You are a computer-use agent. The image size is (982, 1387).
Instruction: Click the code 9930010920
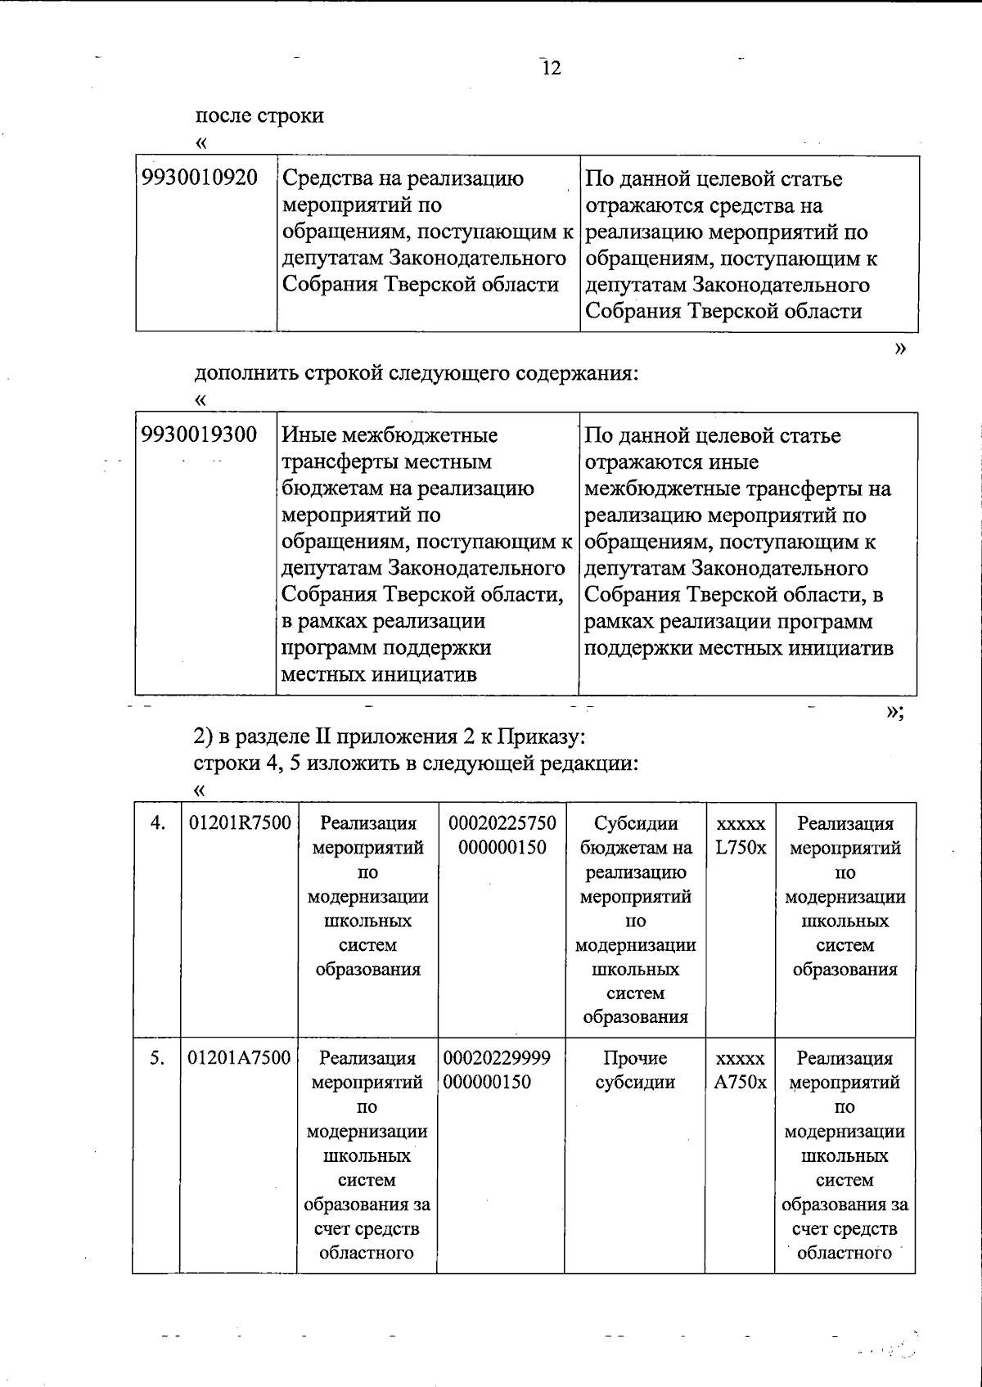pos(200,178)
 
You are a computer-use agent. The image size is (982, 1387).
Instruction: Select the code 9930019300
pos(200,435)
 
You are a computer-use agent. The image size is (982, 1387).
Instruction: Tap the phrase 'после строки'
pos(259,115)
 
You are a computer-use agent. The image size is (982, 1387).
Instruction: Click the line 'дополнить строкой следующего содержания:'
pos(416,373)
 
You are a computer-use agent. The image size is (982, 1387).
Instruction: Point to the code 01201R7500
pos(240,823)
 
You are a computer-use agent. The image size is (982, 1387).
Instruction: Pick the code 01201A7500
pos(240,1058)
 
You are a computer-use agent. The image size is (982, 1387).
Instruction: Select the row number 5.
pos(157,1058)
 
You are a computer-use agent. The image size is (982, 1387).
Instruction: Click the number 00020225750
pos(502,823)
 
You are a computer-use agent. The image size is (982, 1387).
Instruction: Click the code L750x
pos(740,848)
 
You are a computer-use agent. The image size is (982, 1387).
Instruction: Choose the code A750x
pos(740,1083)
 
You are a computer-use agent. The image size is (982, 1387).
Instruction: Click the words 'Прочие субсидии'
pos(635,1070)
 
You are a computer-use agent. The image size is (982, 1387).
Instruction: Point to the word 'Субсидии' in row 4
pos(636,823)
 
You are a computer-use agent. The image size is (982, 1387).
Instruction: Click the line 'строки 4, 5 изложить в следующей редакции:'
pos(416,763)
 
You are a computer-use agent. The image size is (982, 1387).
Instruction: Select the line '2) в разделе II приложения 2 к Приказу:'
pos(390,736)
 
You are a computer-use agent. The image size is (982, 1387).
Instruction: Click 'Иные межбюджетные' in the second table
pos(390,435)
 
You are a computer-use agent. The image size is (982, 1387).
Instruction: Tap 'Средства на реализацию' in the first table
pos(403,178)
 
